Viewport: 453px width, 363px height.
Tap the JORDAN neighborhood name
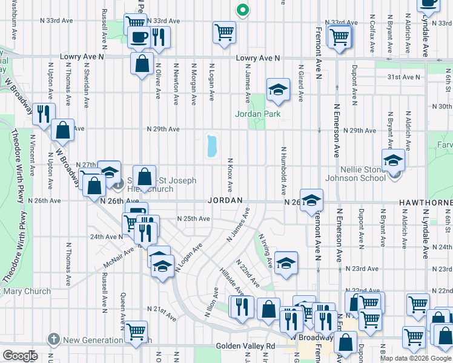225,200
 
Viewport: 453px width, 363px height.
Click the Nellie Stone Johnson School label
355,174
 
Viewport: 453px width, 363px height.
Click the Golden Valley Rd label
245,347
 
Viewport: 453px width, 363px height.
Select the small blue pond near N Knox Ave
211,146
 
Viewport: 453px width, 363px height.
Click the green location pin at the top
242,10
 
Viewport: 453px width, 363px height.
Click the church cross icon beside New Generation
54,339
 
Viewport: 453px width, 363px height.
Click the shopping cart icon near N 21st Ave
136,331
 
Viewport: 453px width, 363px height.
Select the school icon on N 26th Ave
311,200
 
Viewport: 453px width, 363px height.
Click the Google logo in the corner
20,355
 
